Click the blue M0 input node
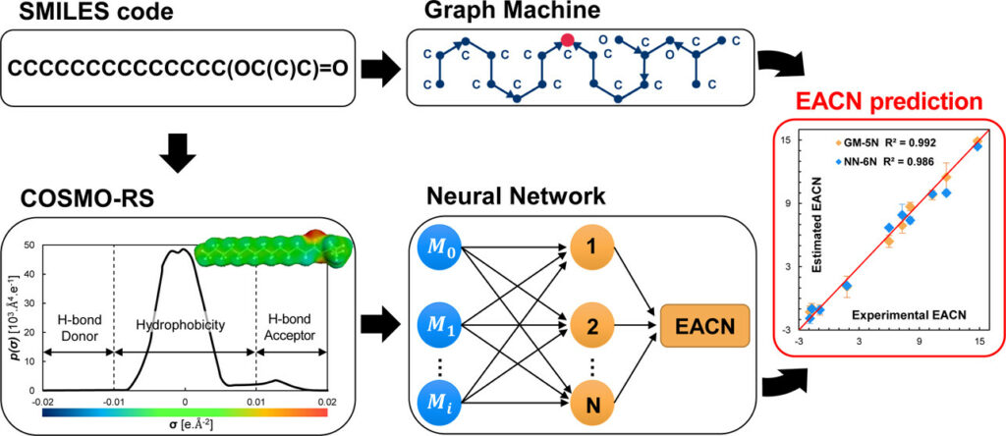point(446,242)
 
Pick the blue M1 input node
point(446,320)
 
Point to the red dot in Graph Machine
point(567,40)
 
